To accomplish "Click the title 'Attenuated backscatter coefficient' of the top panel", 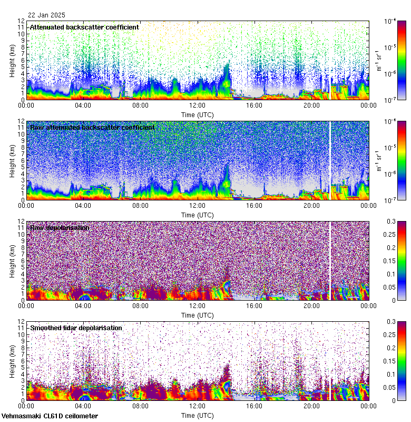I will tap(84, 27).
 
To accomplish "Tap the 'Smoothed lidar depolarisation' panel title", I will tap(76, 328).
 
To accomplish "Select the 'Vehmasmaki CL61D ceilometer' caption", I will tap(50, 416).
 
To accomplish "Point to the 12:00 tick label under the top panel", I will tap(197, 105).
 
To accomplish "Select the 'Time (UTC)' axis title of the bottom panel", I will tap(197, 415).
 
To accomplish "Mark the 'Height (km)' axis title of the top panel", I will tap(12, 60).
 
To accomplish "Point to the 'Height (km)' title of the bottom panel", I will tap(12, 361).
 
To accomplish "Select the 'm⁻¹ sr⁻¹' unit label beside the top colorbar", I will tap(378, 60).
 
